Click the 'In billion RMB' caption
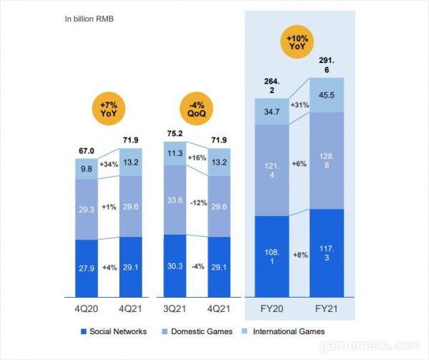(x=89, y=17)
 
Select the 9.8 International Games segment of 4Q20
(x=87, y=169)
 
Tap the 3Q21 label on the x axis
(x=175, y=310)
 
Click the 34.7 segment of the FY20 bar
(x=272, y=112)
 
